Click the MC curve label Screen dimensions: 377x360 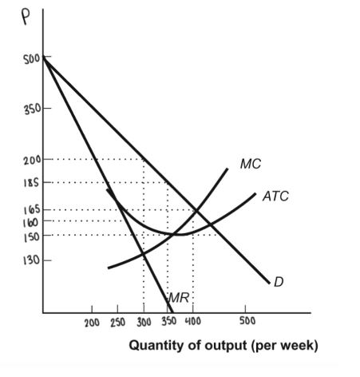[x=250, y=164]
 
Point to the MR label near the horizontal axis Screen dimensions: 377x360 [x=177, y=299]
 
